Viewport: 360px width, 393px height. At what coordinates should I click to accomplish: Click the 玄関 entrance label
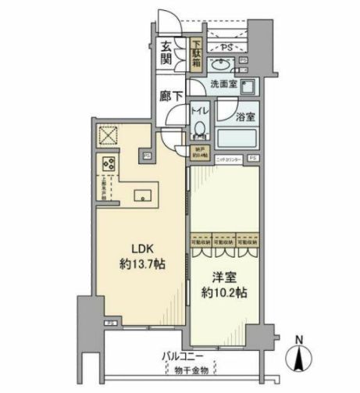click(x=168, y=52)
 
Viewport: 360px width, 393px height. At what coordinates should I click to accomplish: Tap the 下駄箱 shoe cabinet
click(x=197, y=52)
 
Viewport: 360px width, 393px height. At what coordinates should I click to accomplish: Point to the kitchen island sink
click(x=144, y=196)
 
